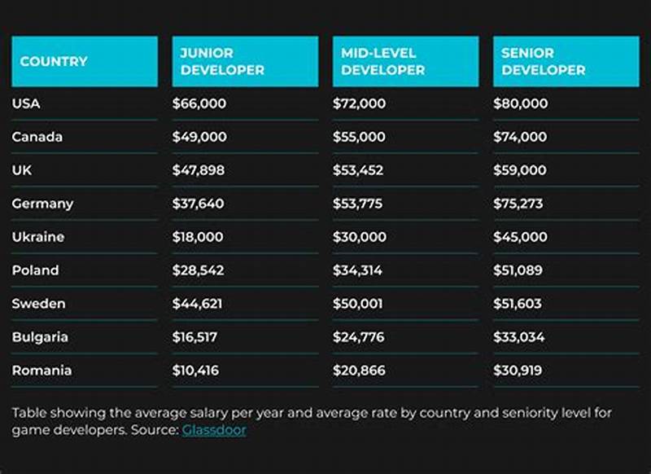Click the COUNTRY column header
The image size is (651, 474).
54,62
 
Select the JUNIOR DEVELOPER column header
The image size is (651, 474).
222,62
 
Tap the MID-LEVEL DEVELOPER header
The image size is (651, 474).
382,62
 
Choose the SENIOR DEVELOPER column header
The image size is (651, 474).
543,62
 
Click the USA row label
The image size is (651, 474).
26,103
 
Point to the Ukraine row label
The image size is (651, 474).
37,237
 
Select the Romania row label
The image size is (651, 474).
42,370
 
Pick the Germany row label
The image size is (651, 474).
42,204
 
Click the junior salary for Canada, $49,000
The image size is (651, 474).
199,137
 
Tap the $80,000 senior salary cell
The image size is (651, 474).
520,103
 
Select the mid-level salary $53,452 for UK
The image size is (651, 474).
359,170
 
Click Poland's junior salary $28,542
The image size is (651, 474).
198,270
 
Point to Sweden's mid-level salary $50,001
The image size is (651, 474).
358,304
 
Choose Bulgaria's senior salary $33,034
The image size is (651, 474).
519,337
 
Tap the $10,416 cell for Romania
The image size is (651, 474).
195,371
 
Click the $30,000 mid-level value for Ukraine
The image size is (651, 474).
359,237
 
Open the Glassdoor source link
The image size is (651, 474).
214,430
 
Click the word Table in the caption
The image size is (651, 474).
28,413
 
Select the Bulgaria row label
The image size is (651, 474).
40,337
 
